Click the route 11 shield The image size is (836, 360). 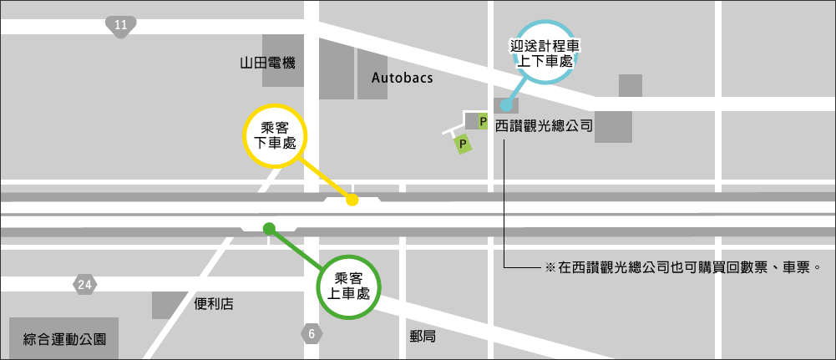121,26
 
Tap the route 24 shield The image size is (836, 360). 84,285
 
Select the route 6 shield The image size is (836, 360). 312,334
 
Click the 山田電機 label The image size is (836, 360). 267,63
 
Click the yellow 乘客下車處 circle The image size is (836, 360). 275,136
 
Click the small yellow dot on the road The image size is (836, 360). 352,200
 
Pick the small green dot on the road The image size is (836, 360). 269,228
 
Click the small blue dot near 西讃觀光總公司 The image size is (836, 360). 506,105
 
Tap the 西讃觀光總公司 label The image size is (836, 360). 544,127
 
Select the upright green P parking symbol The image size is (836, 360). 483,122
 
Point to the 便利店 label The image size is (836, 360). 214,304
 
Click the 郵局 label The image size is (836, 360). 423,337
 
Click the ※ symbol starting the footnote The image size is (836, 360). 550,268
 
